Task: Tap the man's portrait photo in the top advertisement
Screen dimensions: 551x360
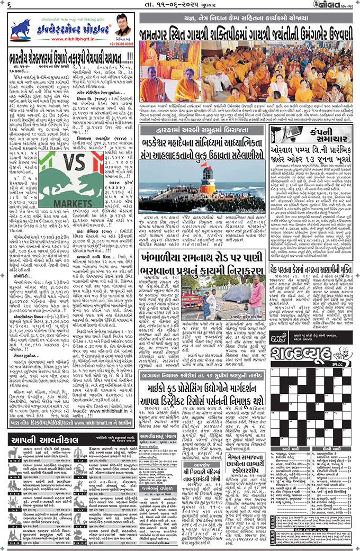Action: pyautogui.click(x=121, y=25)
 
